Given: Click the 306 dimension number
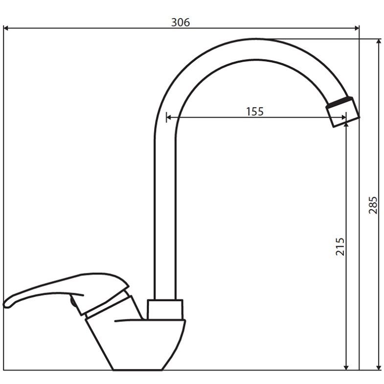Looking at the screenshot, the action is [x=180, y=23].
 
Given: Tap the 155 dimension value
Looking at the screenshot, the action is [x=255, y=112].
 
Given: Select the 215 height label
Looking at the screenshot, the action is [x=339, y=247].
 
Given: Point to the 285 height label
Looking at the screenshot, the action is [x=373, y=205].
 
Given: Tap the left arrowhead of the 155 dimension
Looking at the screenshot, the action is [x=169, y=117].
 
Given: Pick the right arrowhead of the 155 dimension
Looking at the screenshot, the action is [x=343, y=117].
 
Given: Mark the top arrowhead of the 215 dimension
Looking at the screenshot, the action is [x=346, y=125].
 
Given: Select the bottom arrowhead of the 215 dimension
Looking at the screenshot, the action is [x=346, y=367].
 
